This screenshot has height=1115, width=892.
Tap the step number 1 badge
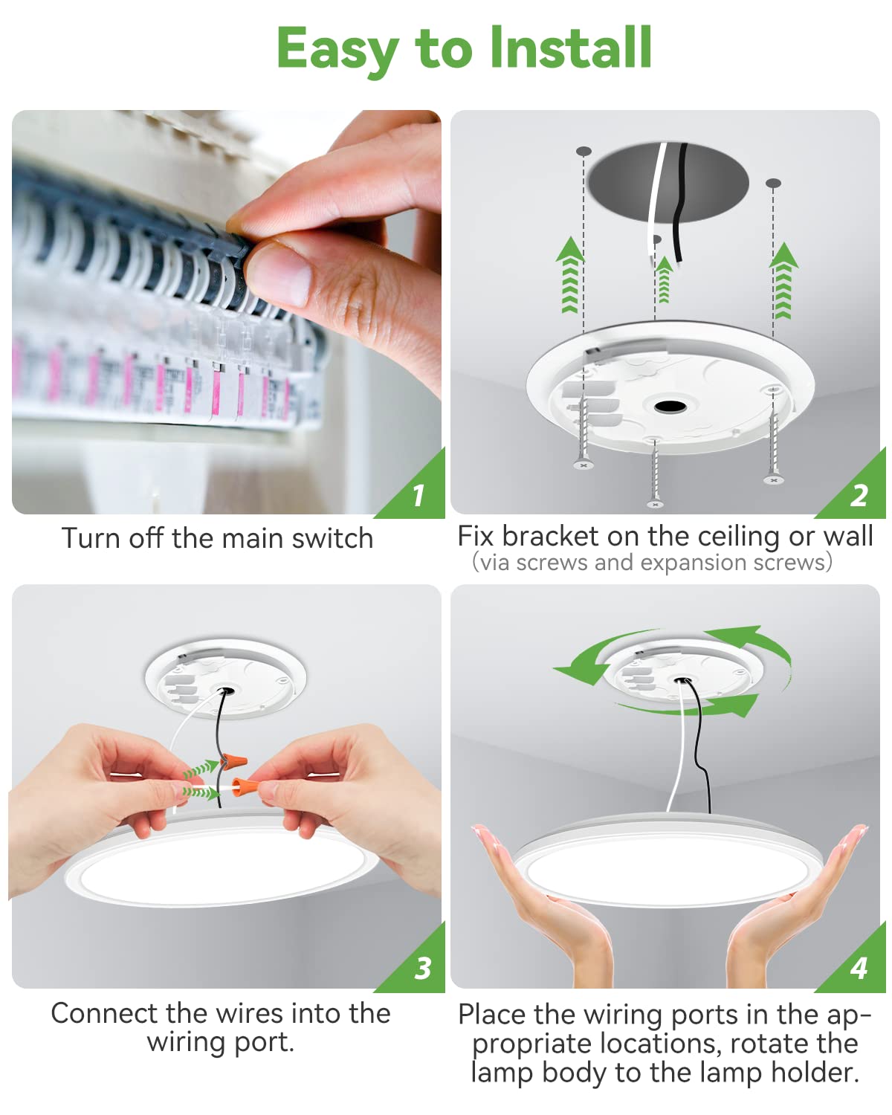[x=418, y=495]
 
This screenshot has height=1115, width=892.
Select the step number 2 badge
[x=859, y=495]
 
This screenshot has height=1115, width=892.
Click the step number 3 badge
[x=422, y=968]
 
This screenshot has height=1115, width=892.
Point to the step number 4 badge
[x=859, y=968]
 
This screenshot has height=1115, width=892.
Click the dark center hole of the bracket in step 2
[x=670, y=406]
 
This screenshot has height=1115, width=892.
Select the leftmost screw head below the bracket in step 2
[x=583, y=465]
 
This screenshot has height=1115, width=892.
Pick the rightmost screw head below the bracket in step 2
[x=774, y=480]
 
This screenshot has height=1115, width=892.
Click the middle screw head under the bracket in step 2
[x=655, y=504]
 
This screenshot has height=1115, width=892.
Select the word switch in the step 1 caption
[x=332, y=538]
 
